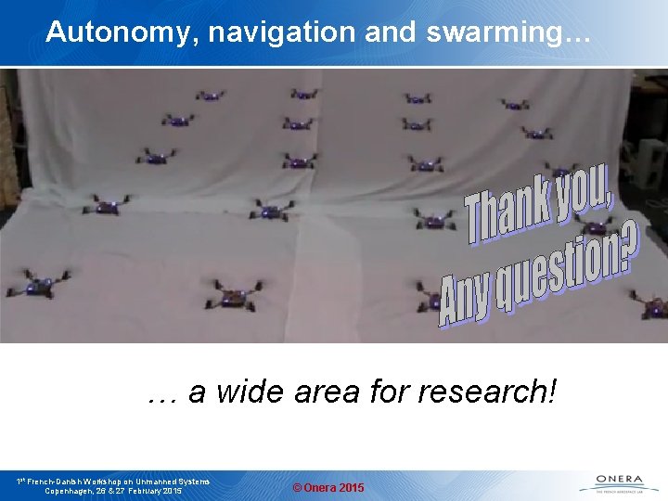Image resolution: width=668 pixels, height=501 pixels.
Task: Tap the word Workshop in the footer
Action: click(109, 482)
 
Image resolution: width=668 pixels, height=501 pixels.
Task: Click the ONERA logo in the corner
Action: click(612, 483)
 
